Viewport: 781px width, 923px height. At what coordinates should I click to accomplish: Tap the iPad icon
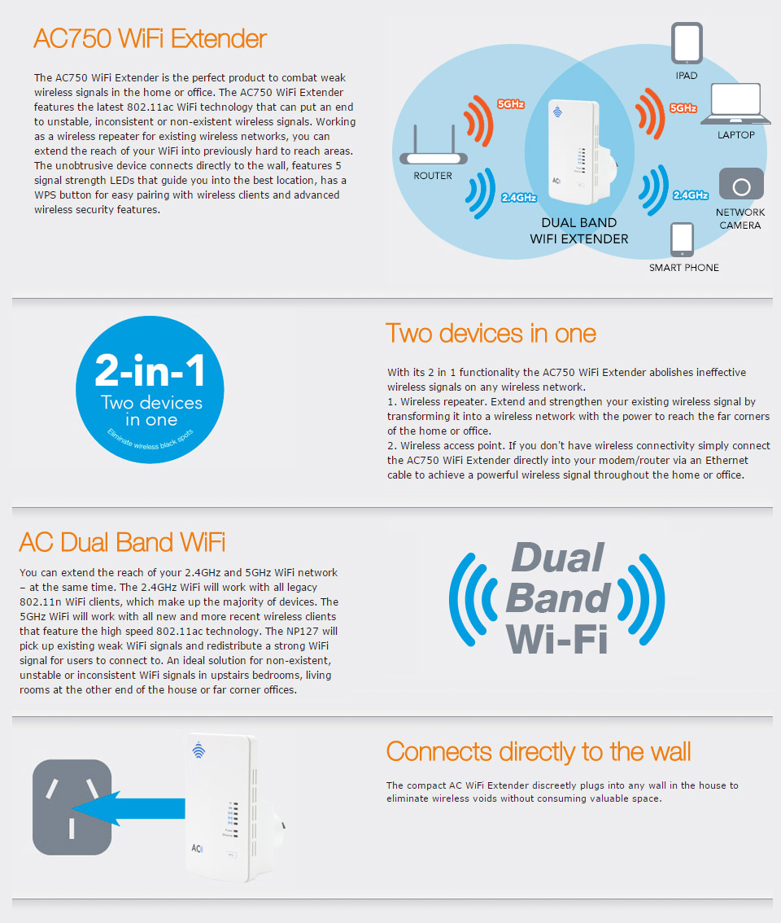click(x=687, y=44)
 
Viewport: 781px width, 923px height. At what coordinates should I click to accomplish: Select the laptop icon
click(x=735, y=104)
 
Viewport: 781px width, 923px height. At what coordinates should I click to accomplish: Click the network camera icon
click(x=741, y=184)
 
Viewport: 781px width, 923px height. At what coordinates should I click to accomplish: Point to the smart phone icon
click(x=682, y=239)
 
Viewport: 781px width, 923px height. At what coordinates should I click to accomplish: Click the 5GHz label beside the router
click(x=511, y=104)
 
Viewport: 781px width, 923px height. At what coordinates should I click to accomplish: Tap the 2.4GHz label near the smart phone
click(x=691, y=195)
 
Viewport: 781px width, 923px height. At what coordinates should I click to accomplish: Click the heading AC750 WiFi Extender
click(x=150, y=39)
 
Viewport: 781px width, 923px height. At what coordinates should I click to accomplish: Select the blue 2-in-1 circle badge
click(x=150, y=390)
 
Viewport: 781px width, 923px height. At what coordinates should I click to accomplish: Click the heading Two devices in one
click(x=491, y=334)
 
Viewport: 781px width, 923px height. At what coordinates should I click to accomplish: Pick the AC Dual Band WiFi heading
click(x=122, y=542)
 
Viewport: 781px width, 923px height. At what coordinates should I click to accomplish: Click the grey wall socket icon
click(x=72, y=807)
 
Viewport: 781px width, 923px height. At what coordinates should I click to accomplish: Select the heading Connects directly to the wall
click(x=539, y=752)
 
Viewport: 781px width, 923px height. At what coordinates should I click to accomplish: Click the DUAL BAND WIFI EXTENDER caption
click(x=579, y=231)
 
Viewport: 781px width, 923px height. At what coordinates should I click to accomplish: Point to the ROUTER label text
click(x=433, y=176)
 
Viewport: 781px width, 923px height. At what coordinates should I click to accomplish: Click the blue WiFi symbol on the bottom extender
click(x=199, y=750)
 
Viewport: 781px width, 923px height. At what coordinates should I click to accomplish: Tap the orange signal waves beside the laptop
click(x=650, y=114)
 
